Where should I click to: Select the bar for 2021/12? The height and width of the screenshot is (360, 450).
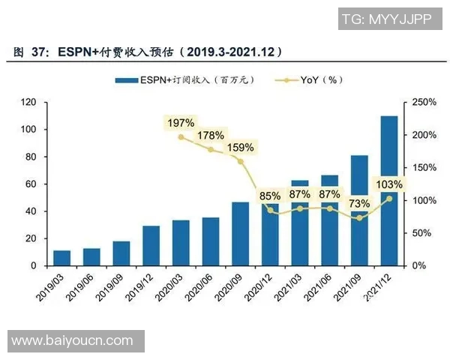click(x=390, y=190)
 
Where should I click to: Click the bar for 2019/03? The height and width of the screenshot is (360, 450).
click(x=62, y=258)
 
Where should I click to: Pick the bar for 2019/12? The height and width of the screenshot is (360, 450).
click(x=151, y=245)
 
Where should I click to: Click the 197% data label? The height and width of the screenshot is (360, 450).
click(x=181, y=122)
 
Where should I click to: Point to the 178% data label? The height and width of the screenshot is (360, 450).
click(x=211, y=136)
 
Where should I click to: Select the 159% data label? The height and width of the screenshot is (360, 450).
click(x=240, y=148)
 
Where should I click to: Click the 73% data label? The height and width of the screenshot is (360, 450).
click(x=359, y=204)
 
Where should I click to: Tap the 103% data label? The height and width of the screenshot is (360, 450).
click(x=388, y=184)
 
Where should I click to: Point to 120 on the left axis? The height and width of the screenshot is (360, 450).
click(x=29, y=102)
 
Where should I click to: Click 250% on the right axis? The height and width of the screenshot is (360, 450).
click(x=421, y=102)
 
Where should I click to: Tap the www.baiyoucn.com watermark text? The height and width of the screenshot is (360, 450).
click(x=72, y=340)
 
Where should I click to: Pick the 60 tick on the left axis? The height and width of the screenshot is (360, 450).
click(x=31, y=184)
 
